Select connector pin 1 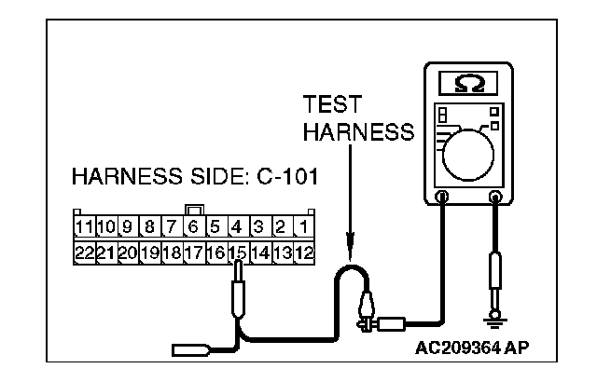tap(304, 226)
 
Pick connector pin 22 tap(82, 252)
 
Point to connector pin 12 tap(304, 252)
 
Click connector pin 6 tap(193, 226)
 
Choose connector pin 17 tap(193, 252)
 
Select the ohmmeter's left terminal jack tap(442, 197)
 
